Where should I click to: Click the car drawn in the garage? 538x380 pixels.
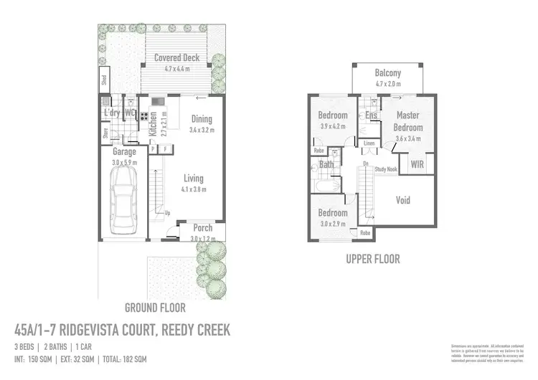(124, 204)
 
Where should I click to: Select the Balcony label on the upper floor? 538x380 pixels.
(387, 73)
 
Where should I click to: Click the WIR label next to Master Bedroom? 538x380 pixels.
(417, 164)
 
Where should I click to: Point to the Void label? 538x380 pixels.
(403, 200)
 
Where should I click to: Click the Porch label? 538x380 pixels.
(203, 228)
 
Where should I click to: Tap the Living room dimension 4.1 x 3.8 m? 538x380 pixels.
(193, 190)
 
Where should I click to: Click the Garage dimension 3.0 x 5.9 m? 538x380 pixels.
(124, 163)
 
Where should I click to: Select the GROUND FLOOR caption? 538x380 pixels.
(155, 308)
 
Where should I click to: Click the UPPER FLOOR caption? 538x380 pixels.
(372, 259)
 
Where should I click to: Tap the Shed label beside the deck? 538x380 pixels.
(104, 80)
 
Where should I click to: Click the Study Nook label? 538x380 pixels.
(386, 169)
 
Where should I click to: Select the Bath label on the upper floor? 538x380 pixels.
(326, 164)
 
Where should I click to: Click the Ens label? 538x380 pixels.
(371, 115)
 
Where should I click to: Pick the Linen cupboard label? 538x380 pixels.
(369, 144)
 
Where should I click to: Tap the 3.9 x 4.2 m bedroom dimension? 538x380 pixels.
(332, 126)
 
